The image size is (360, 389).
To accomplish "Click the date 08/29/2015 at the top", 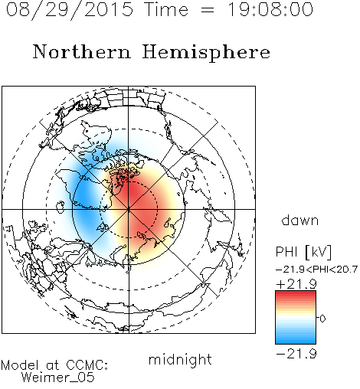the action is click(70, 9).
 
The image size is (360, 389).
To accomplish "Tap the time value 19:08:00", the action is click(270, 9).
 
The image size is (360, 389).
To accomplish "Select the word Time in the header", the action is click(166, 9).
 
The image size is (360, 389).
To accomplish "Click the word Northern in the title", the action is click(82, 52).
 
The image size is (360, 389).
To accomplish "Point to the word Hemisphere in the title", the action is click(206, 53).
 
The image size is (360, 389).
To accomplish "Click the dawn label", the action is click(300, 220).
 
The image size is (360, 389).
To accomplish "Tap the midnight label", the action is click(180, 359).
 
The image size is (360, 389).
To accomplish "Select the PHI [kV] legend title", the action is click(303, 252).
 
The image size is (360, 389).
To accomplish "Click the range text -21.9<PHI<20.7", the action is click(316, 270).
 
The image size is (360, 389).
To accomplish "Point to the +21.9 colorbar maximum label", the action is click(296, 284).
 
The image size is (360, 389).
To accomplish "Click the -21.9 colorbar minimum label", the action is click(296, 354).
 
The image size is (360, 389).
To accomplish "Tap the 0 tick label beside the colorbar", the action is click(322, 319).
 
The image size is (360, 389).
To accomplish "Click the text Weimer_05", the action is click(58, 378).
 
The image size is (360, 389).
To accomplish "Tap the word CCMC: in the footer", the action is click(87, 365).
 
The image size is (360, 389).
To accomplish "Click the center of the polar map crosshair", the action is click(129, 209).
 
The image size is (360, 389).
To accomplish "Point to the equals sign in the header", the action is click(208, 10).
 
